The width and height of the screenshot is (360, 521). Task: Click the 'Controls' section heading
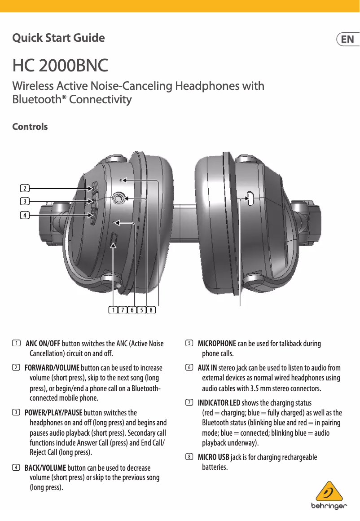pyautogui.click(x=30, y=127)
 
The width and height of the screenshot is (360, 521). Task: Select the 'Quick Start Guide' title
pyautogui.click(x=58, y=38)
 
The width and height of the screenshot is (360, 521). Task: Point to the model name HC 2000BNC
pyautogui.click(x=60, y=66)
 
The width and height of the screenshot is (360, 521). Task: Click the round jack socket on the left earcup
pyautogui.click(x=119, y=197)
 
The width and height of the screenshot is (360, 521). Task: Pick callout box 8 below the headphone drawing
pyautogui.click(x=151, y=310)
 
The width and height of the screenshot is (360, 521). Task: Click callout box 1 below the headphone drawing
pyautogui.click(x=113, y=310)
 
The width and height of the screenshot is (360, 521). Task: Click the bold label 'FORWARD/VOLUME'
pyautogui.click(x=52, y=368)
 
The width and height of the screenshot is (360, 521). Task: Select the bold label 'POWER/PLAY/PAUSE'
pyautogui.click(x=53, y=413)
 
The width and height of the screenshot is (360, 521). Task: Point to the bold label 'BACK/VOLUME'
pyautogui.click(x=45, y=468)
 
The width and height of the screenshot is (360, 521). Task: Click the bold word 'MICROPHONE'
pyautogui.click(x=217, y=344)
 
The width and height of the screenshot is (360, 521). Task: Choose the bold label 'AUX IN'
pyautogui.click(x=207, y=368)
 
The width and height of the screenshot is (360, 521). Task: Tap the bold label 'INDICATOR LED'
pyautogui.click(x=219, y=402)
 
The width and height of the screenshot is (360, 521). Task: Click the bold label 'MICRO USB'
pyautogui.click(x=214, y=457)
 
